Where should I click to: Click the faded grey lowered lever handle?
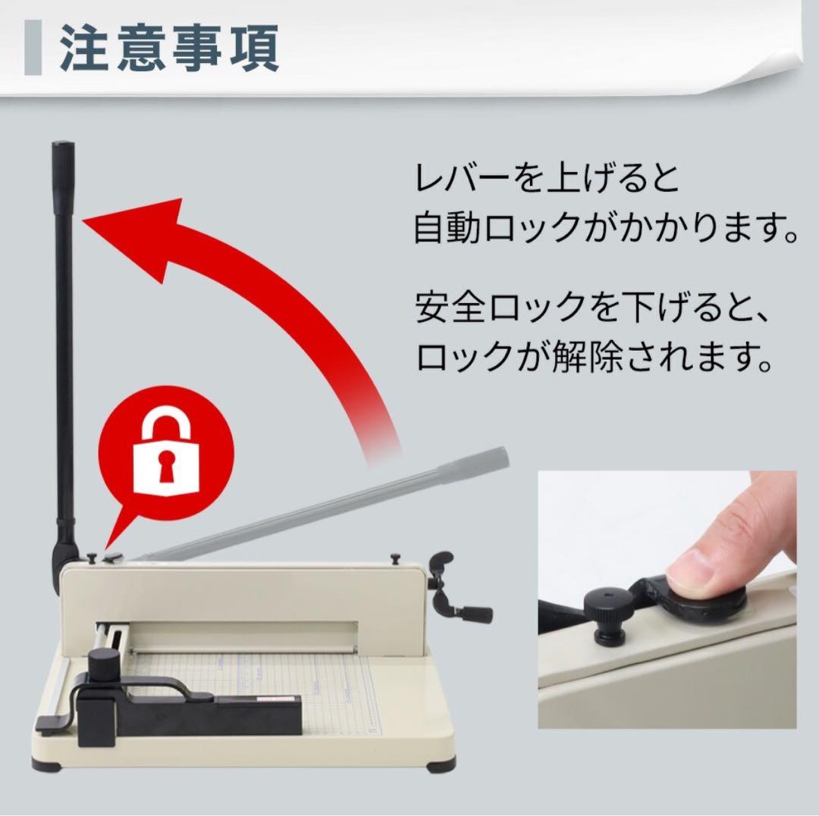(478, 461)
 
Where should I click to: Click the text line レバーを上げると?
(546, 180)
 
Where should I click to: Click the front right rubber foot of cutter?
(441, 765)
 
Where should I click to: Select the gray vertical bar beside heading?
(33, 48)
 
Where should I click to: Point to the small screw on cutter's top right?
(395, 558)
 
